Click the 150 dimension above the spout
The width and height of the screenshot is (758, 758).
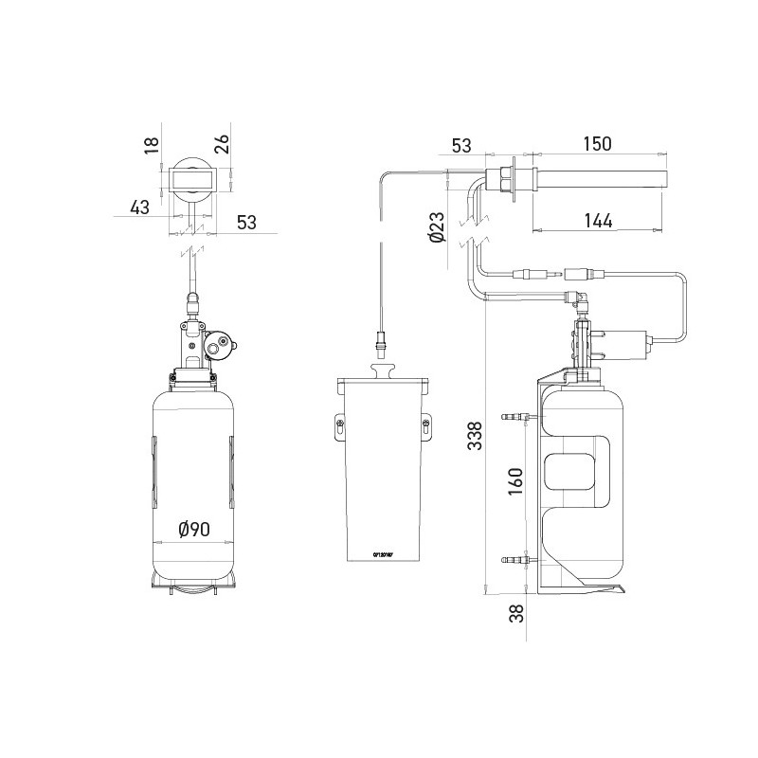598,144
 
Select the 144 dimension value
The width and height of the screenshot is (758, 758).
598,221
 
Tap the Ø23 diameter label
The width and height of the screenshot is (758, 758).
436,227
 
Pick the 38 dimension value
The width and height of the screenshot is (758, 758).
516,613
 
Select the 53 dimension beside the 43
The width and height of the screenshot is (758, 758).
246,223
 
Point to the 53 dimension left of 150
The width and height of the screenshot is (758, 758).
461,145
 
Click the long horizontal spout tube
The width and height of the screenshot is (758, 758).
606,178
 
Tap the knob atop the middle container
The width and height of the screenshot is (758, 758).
383,370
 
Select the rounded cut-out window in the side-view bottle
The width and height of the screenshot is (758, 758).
570,475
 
